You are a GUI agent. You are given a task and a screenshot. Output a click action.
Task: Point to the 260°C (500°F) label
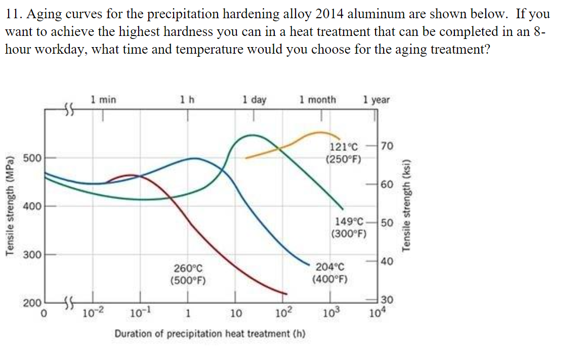click(188, 273)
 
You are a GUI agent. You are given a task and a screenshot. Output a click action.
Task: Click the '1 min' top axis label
click(103, 100)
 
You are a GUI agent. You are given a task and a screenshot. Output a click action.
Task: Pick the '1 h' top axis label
click(187, 100)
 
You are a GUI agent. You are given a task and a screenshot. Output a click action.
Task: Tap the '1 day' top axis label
click(254, 100)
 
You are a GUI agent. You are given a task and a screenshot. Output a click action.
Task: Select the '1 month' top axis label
click(317, 100)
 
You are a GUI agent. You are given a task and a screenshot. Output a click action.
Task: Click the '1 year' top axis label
click(376, 100)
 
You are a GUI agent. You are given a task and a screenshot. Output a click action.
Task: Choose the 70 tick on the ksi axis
click(387, 147)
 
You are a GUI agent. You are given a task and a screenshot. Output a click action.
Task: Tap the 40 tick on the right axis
click(387, 261)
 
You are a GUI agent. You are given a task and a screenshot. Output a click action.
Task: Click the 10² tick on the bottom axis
click(283, 311)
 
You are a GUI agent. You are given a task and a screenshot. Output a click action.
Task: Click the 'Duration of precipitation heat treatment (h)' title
click(210, 334)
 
